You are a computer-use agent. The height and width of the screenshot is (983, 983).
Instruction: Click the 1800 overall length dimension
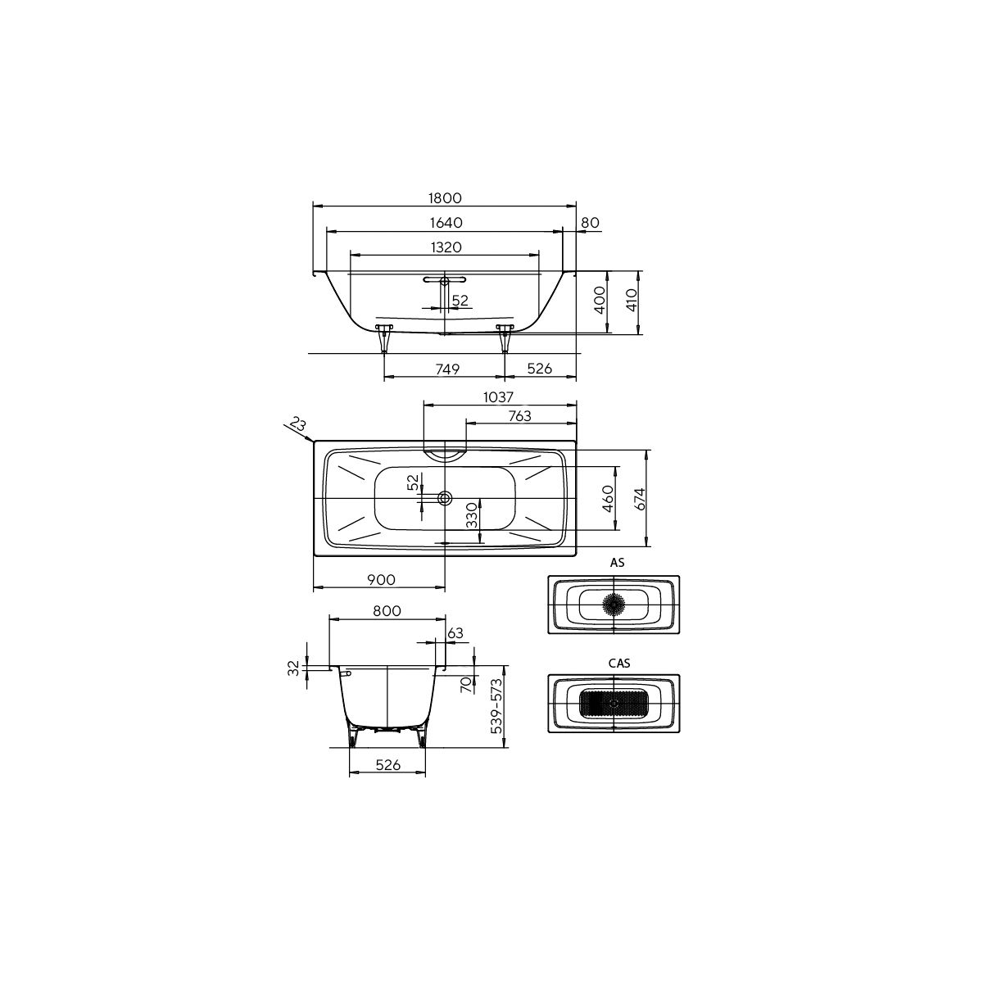click(x=444, y=198)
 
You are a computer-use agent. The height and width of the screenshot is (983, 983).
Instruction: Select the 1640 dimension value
click(x=446, y=223)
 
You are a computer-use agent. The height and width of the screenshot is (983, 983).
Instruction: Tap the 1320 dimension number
click(x=446, y=247)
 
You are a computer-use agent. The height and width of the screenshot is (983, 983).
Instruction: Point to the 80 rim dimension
click(x=590, y=223)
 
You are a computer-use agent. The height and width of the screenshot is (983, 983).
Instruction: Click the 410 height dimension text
click(x=632, y=301)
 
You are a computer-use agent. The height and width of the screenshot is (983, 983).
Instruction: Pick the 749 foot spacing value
click(x=447, y=369)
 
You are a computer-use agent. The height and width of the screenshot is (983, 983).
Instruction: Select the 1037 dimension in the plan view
click(x=498, y=396)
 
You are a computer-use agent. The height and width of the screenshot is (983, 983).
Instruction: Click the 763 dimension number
click(x=520, y=416)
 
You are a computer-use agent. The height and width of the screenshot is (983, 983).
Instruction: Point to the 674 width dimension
click(x=641, y=498)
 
